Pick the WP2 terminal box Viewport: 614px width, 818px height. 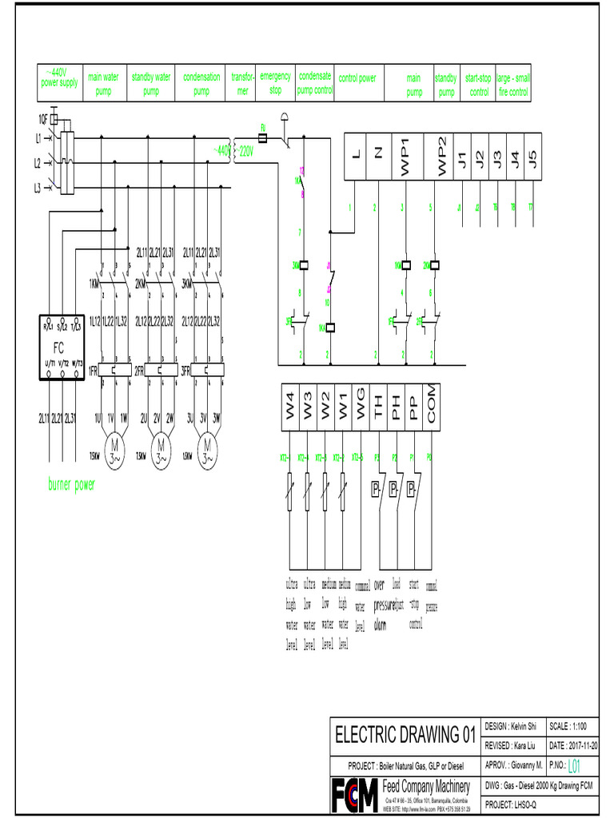pyautogui.click(x=440, y=156)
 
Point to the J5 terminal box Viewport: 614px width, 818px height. pyautogui.click(x=532, y=156)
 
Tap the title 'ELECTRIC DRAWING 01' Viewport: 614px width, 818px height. pyautogui.click(x=405, y=733)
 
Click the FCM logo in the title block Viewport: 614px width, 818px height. pyautogui.click(x=354, y=794)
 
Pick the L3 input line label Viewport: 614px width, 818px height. pyautogui.click(x=37, y=189)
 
